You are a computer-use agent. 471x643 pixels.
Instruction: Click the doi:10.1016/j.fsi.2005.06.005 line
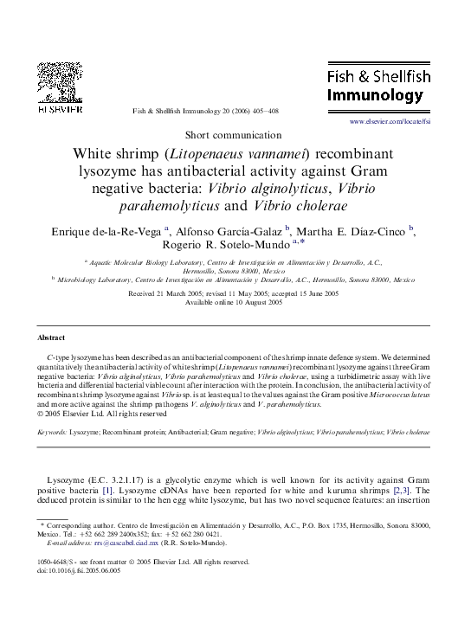[x=83, y=570]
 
